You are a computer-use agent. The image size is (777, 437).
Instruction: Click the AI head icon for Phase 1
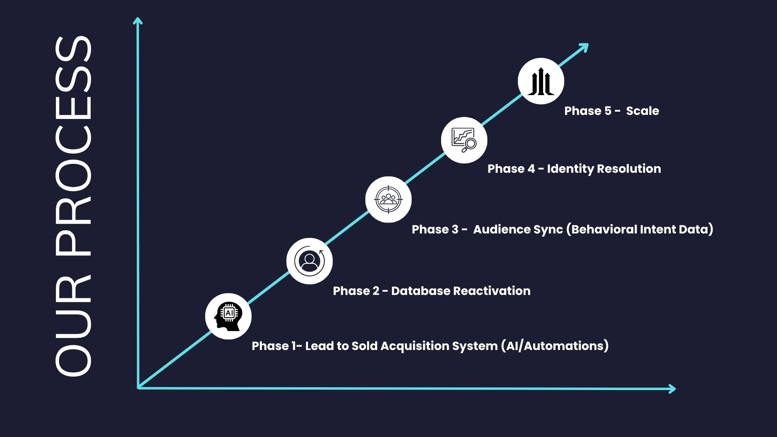pyautogui.click(x=228, y=316)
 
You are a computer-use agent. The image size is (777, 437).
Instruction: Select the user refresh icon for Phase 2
pyautogui.click(x=310, y=261)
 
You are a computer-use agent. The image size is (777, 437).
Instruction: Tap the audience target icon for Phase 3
pyautogui.click(x=388, y=199)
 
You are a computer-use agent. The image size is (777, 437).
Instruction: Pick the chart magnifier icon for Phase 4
pyautogui.click(x=464, y=140)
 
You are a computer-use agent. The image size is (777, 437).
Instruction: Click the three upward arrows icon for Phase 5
pyautogui.click(x=541, y=81)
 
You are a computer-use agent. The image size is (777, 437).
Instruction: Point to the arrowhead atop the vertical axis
pyautogui.click(x=138, y=20)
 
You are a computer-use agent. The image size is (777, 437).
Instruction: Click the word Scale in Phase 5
pyautogui.click(x=642, y=111)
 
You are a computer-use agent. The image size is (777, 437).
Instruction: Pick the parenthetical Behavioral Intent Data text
pyautogui.click(x=639, y=229)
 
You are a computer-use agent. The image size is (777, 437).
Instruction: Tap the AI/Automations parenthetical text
pyautogui.click(x=554, y=346)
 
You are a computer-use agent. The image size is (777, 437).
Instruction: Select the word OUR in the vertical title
pyautogui.click(x=73, y=324)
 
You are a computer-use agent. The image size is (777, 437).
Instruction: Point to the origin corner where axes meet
pyautogui.click(x=139, y=388)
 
